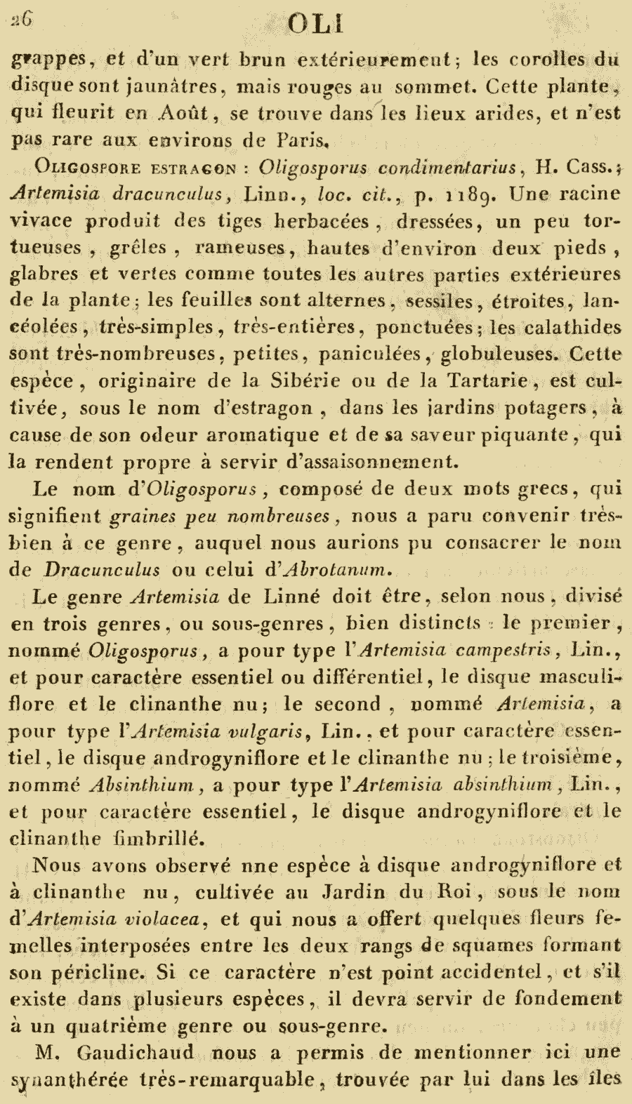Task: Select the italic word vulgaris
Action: click(271, 731)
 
